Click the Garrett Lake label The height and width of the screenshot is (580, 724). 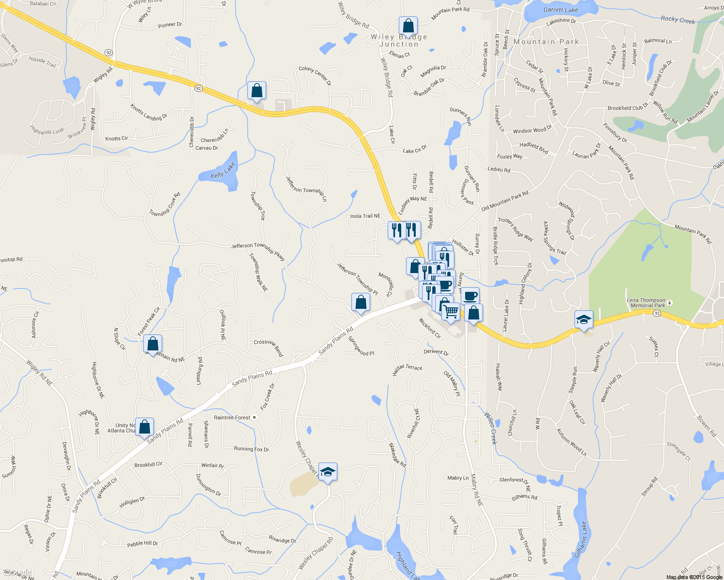(560, 10)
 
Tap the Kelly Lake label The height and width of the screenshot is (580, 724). (223, 170)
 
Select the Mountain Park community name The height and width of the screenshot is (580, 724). (546, 42)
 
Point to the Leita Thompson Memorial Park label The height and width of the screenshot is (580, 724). (646, 303)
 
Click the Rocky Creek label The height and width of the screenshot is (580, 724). (678, 20)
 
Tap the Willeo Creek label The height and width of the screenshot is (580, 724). (491, 428)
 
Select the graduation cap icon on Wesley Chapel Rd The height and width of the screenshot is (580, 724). (328, 472)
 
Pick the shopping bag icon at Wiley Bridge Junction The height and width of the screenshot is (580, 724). (408, 26)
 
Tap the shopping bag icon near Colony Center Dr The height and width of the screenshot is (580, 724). (256, 90)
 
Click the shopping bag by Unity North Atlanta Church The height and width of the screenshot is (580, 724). (144, 427)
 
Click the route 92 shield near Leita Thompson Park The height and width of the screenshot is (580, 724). (657, 313)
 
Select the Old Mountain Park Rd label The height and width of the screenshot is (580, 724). (504, 201)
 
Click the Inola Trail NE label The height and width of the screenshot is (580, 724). (365, 216)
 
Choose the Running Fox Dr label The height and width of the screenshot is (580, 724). (251, 449)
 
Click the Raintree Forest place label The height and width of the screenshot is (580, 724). (232, 418)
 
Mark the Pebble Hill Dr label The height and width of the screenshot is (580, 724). (142, 544)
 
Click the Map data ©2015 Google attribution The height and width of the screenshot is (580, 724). (694, 577)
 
